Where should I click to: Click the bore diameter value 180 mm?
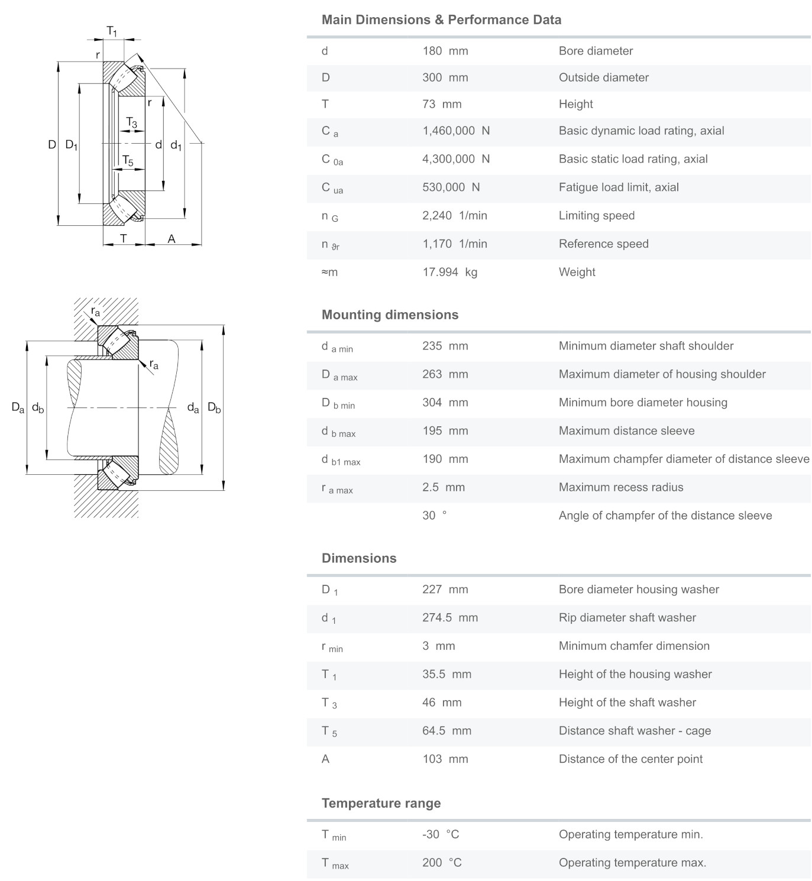(x=445, y=51)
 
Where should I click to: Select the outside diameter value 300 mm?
(x=445, y=77)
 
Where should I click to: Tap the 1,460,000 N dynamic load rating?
(x=455, y=131)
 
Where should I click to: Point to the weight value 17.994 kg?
(x=449, y=272)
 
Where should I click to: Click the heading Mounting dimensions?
(x=390, y=315)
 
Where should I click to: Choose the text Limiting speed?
(x=596, y=215)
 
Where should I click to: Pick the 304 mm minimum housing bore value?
(x=445, y=403)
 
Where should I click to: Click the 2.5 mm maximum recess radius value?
(x=443, y=487)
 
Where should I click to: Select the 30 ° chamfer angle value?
(x=434, y=516)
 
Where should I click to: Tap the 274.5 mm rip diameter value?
(x=449, y=617)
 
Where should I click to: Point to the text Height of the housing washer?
(x=635, y=674)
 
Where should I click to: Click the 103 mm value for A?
(x=445, y=759)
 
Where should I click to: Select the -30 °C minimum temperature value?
(x=440, y=834)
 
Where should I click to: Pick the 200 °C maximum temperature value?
(x=441, y=863)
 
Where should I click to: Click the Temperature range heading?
(x=381, y=803)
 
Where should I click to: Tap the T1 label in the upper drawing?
(x=112, y=31)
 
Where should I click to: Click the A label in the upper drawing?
(x=172, y=239)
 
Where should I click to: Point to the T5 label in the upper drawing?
(x=128, y=160)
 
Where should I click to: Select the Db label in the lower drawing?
(x=214, y=407)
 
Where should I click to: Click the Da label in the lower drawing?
(x=18, y=407)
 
